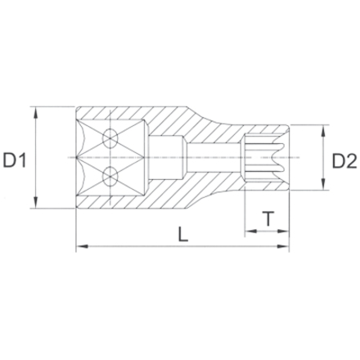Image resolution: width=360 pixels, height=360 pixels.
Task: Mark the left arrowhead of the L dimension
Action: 80,246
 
